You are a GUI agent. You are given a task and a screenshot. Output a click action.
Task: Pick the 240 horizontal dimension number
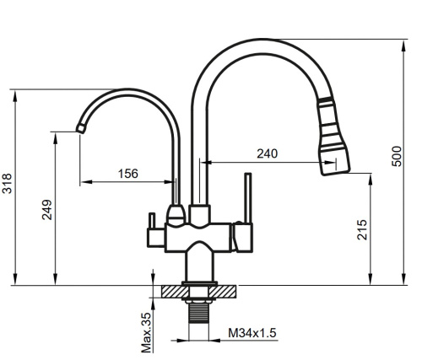[x=267, y=154]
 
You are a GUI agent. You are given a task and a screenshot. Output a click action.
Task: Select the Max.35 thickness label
[x=146, y=331]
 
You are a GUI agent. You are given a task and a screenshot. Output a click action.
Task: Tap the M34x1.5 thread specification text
[x=252, y=334]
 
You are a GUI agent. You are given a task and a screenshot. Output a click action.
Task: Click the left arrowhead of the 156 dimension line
[x=84, y=181]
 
